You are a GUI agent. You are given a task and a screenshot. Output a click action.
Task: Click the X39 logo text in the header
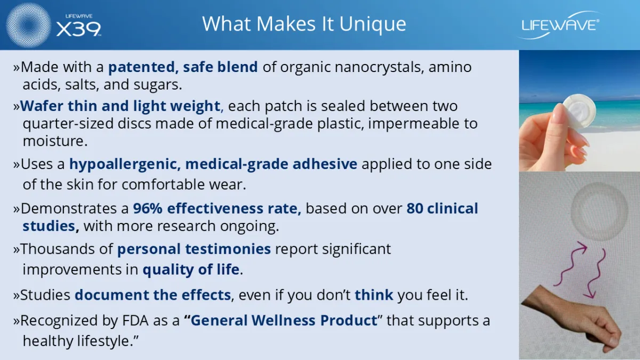click(x=78, y=29)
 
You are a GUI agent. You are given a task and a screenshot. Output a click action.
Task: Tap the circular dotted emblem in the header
click(x=28, y=25)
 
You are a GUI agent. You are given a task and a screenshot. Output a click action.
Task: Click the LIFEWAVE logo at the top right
click(x=560, y=26)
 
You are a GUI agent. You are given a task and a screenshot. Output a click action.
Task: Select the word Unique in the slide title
click(x=373, y=24)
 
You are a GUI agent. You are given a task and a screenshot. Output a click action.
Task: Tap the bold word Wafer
click(x=42, y=106)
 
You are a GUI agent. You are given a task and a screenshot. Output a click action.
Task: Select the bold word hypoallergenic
click(x=125, y=165)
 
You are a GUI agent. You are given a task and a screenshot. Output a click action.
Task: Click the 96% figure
click(x=148, y=209)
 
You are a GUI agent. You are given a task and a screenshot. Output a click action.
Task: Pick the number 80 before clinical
click(x=415, y=209)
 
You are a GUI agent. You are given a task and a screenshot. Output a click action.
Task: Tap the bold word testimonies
click(x=228, y=249)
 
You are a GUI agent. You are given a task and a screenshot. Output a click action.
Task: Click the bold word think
click(x=374, y=295)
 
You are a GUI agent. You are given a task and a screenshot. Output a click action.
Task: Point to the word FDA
click(x=135, y=321)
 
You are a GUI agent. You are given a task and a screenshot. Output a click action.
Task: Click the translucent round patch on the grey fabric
click(x=599, y=211)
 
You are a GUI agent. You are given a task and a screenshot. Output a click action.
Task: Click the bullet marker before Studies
click(x=17, y=295)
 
